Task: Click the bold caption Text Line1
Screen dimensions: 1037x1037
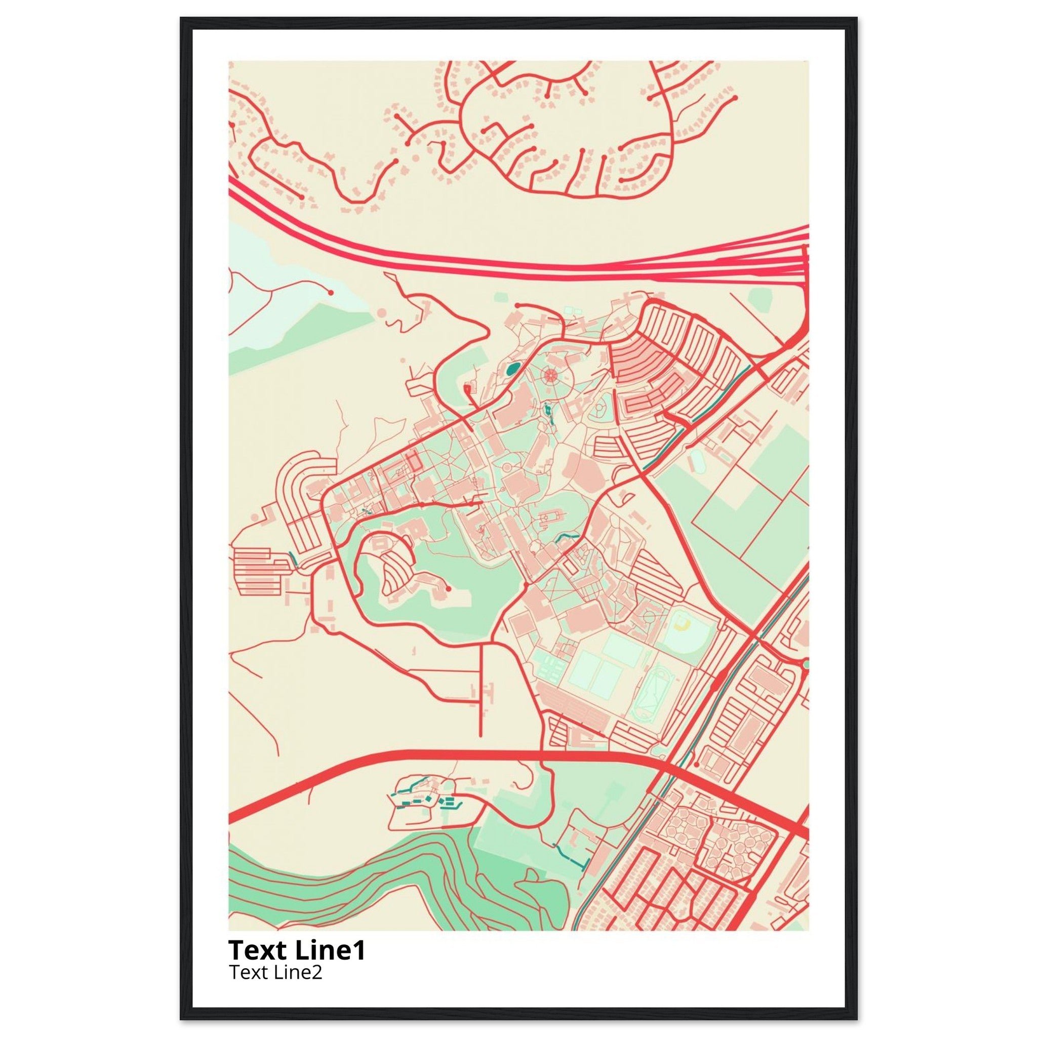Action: tap(297, 950)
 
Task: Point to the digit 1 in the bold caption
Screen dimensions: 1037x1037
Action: tap(359, 950)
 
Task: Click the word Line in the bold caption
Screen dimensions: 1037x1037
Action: tap(321, 950)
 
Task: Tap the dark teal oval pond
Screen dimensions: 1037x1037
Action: tap(513, 369)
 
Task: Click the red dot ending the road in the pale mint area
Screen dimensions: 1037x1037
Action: tap(331, 293)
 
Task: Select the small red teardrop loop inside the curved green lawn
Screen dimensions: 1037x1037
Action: tap(466, 387)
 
